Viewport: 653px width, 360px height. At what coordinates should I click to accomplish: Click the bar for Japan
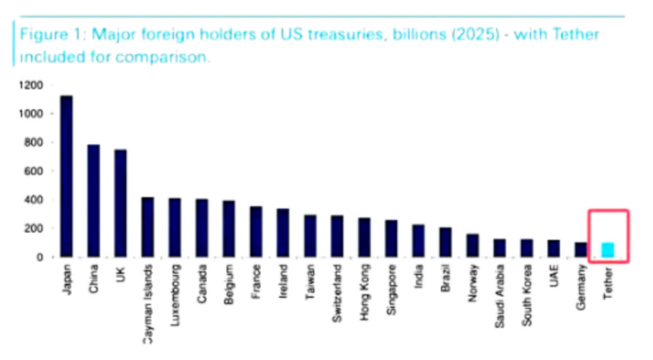coord(66,176)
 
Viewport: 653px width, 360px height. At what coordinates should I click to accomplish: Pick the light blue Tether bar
coord(608,250)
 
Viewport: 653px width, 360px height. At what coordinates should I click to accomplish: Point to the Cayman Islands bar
coord(147,227)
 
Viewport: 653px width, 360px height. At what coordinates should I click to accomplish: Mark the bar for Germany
coord(580,249)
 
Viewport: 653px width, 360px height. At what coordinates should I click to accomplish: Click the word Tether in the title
coord(576,35)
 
